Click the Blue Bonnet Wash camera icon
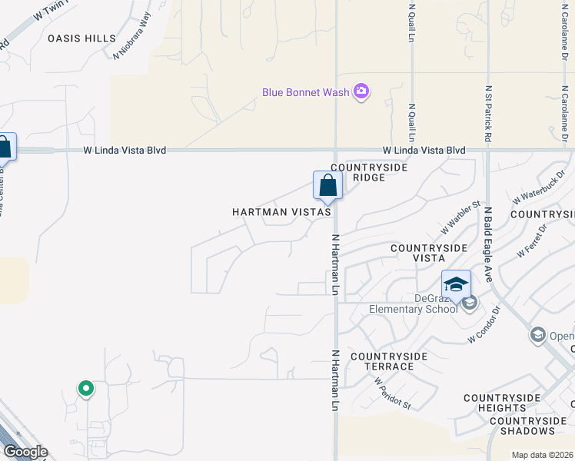point(361,93)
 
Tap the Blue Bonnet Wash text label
point(305,93)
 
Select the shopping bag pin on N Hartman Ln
point(327,186)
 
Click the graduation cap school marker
point(456,284)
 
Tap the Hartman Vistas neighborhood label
point(281,211)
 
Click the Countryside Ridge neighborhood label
point(368,172)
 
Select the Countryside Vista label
point(428,254)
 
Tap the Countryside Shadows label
point(528,426)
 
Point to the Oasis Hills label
point(81,38)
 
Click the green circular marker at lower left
point(85,389)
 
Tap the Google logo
point(25,452)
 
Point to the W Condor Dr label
point(484,326)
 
